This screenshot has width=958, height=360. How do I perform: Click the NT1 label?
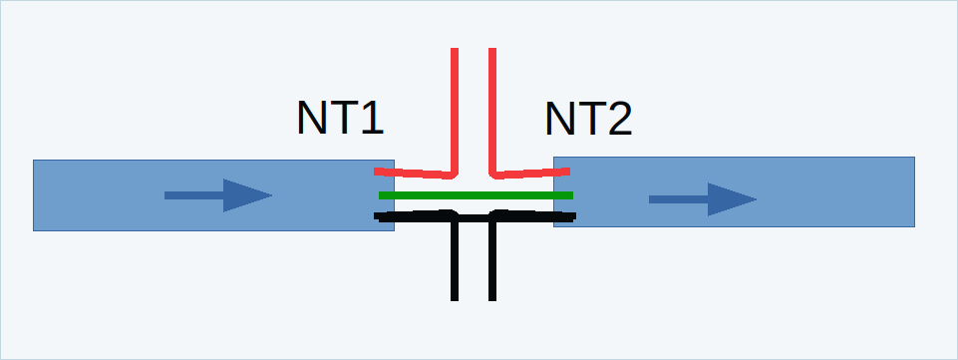coord(340,118)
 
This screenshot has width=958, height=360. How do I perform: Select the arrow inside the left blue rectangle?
coord(218,195)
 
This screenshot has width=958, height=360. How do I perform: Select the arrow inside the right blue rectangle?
coord(703,199)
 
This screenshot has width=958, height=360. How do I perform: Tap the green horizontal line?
coord(476,195)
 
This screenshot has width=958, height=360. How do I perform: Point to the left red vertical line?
coord(455,111)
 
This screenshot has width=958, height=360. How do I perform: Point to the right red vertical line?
coord(492,111)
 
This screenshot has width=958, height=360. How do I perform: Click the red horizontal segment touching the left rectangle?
coord(414,174)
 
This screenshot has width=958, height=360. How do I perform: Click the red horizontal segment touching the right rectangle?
coord(530,174)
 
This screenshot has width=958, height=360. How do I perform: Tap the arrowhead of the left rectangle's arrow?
coord(247,195)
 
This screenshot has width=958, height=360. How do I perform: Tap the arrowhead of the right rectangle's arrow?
coord(732,199)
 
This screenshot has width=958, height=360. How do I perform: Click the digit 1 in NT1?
coord(372,118)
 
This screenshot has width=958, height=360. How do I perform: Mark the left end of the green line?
coord(380,195)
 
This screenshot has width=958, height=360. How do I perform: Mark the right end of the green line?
coord(572,195)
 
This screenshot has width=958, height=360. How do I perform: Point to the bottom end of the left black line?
coord(455,300)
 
